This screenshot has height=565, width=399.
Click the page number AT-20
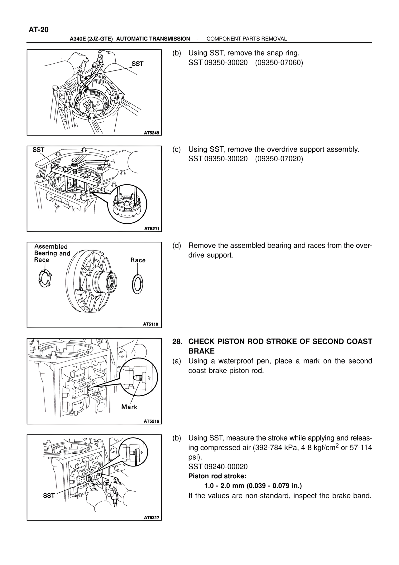39,30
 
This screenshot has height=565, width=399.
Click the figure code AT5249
151,133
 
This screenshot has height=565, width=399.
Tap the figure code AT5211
151,229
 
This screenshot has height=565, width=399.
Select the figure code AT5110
151,324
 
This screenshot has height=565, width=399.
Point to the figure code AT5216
151,421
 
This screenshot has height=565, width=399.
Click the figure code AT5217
151,517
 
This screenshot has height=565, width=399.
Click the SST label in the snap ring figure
137,64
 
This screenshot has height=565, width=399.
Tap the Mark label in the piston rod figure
129,407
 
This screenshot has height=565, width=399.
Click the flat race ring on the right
137,284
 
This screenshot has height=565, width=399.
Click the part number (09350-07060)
279,63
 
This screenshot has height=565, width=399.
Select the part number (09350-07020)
279,159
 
